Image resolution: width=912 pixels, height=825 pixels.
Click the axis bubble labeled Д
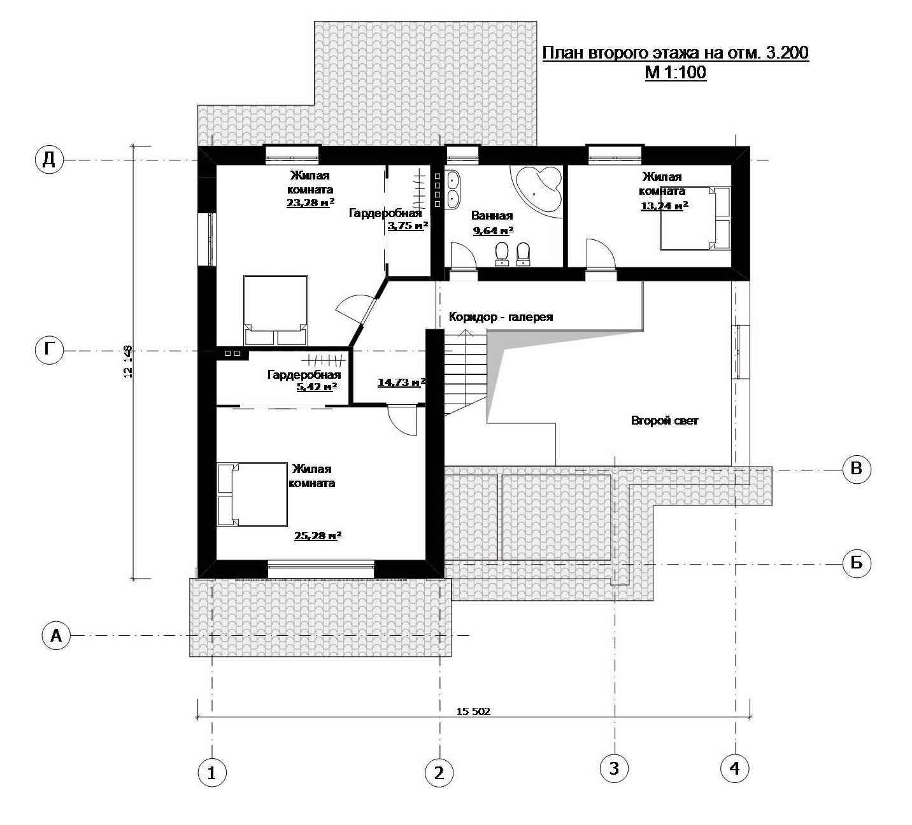pyautogui.click(x=49, y=160)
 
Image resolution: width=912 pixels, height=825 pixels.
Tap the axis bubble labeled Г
pyautogui.click(x=49, y=350)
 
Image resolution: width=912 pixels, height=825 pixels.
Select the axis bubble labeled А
pyautogui.click(x=56, y=635)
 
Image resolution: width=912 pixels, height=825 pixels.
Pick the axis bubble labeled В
pyautogui.click(x=857, y=469)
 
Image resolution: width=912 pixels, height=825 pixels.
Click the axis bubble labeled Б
pyautogui.click(x=857, y=563)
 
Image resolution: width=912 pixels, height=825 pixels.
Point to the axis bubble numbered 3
pyautogui.click(x=614, y=768)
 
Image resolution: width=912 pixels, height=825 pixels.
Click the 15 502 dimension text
pyautogui.click(x=473, y=711)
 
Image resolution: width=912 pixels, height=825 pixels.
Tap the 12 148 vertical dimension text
pyautogui.click(x=128, y=362)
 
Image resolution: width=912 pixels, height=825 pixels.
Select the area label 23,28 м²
pyautogui.click(x=311, y=202)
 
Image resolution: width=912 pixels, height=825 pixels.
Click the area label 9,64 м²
pyautogui.click(x=494, y=230)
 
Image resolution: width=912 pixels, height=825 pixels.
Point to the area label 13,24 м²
pyautogui.click(x=664, y=206)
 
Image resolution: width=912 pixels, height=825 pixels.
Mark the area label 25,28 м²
pyautogui.click(x=318, y=535)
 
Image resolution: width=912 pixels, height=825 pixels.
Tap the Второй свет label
pyautogui.click(x=664, y=420)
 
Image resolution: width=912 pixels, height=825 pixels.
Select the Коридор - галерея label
pyautogui.click(x=501, y=317)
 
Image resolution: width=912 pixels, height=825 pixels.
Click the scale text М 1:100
pyautogui.click(x=676, y=73)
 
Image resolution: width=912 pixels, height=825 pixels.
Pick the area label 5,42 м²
pyautogui.click(x=317, y=387)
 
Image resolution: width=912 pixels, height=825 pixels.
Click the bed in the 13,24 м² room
pyautogui.click(x=695, y=218)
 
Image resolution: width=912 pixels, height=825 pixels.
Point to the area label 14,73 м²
pyautogui.click(x=401, y=383)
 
